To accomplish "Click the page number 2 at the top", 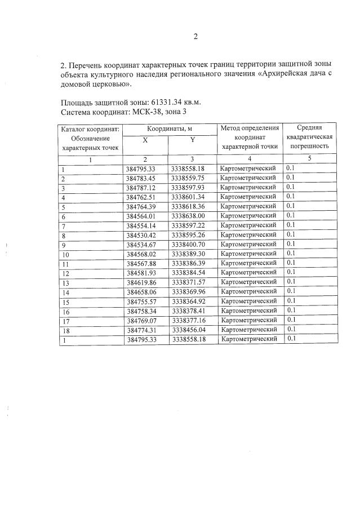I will (196, 37).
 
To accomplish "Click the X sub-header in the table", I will (145, 139).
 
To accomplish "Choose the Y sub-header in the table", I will (192, 139).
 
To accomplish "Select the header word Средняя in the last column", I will (309, 129).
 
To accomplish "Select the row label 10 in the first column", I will (65, 254).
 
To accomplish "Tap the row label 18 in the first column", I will (65, 330).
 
